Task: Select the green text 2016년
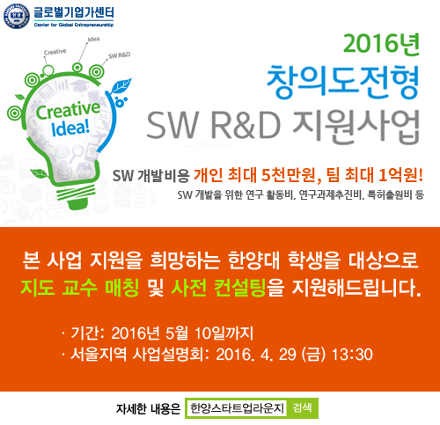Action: pos(381,43)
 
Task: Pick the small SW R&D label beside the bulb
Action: pos(119,56)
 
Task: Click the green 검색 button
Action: pos(304,408)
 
